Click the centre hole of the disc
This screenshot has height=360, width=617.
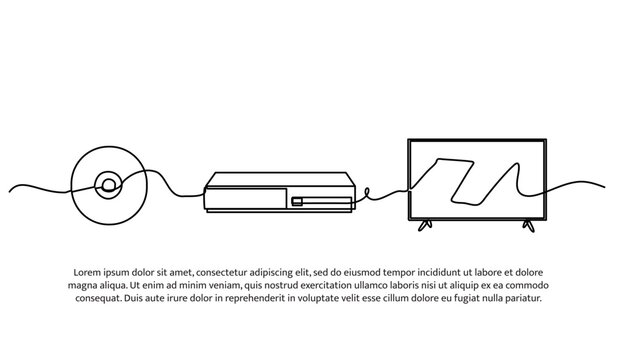point(107,186)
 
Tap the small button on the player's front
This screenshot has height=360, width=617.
point(297,202)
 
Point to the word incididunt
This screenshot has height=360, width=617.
point(453,271)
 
